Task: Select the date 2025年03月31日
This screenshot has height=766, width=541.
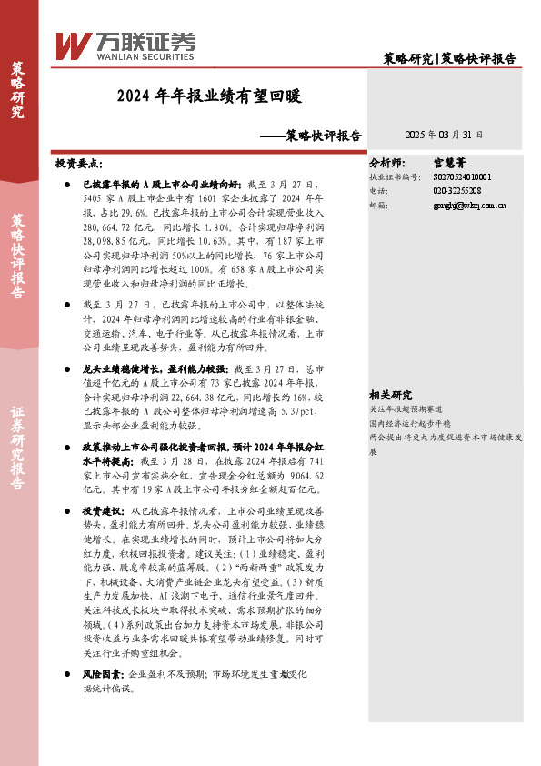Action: [x=444, y=134]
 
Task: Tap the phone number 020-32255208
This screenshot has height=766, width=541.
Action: [x=456, y=191]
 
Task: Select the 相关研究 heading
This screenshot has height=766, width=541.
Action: [x=390, y=396]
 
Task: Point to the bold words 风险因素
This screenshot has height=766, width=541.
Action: [x=99, y=674]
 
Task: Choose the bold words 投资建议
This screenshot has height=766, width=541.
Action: [x=99, y=511]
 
